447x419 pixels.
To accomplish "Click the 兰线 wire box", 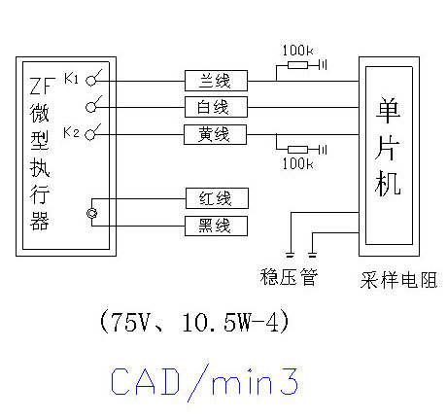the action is click(216, 81).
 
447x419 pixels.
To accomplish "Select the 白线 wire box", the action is click(216, 107).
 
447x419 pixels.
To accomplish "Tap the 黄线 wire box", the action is click(215, 134).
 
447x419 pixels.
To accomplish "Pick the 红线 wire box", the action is click(217, 198).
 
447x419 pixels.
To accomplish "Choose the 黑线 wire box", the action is click(216, 226).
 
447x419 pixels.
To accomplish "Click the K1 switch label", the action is click(71, 78).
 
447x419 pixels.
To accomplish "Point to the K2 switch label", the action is click(71, 132).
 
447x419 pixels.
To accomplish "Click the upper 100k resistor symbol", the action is click(297, 65).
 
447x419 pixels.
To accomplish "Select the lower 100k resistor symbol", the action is click(297, 150).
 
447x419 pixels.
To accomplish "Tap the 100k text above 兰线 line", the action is click(298, 51).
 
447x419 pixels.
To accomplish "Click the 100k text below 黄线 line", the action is click(298, 163).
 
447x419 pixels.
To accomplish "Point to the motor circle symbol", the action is click(92, 213).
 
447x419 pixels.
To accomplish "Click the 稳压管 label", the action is click(289, 277).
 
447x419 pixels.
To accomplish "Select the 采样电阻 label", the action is click(398, 280).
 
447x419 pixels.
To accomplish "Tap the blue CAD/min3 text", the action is click(204, 383).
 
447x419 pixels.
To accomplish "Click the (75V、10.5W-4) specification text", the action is click(194, 322).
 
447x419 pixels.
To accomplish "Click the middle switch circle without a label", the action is click(91, 107).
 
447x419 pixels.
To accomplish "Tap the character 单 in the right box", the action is click(388, 111).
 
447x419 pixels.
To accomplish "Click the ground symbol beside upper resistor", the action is click(323, 65).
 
